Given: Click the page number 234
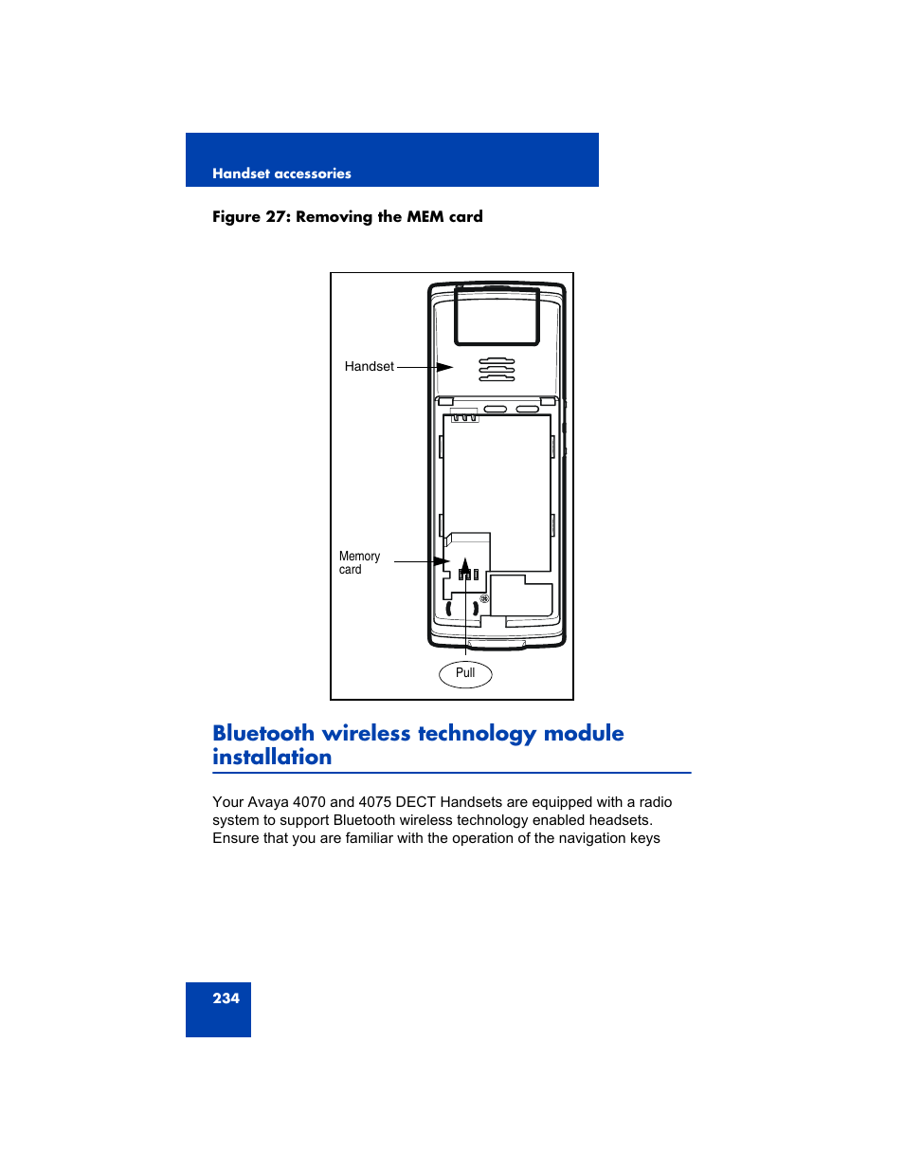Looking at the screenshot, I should [226, 998].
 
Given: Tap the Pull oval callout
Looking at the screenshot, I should [465, 673].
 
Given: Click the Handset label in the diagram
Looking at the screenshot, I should [369, 367].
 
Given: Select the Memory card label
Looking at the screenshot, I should [358, 563].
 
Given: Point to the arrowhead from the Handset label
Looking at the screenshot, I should [444, 367].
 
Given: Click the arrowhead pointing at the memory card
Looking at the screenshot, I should [442, 561].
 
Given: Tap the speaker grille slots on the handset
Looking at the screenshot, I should [497, 370].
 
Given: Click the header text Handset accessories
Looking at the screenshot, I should [281, 174].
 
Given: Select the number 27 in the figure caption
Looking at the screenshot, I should [276, 217].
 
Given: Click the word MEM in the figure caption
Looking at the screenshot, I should [425, 217].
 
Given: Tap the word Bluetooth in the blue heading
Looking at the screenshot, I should [263, 734].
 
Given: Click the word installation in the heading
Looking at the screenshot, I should [272, 758].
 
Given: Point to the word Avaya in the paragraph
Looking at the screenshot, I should [268, 802].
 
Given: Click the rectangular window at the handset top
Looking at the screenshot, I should [497, 317].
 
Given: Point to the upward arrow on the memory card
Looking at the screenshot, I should [464, 567].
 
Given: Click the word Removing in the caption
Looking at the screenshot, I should [334, 217].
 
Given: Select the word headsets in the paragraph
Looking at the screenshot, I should [621, 820].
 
